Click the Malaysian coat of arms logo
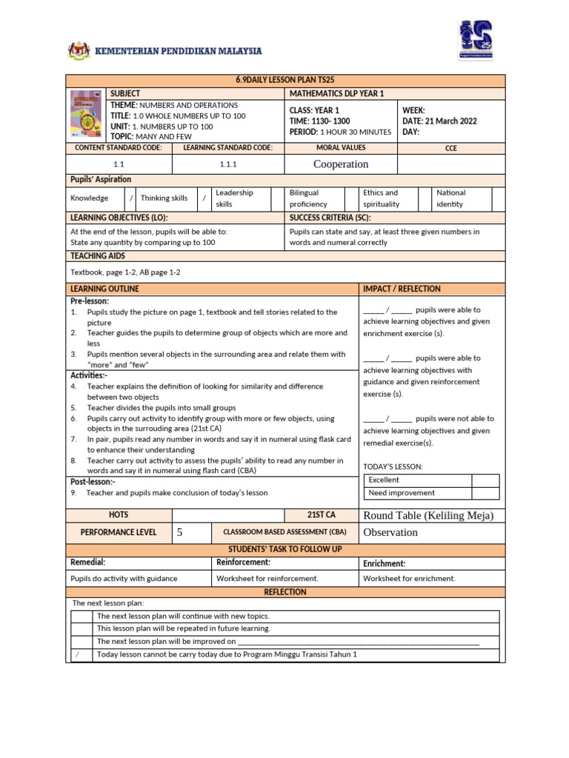78,50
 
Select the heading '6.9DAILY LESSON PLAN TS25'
285,81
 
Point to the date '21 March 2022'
450,121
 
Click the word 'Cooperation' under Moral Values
341,164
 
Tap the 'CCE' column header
451,148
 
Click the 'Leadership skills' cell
234,198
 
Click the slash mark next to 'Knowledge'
131,198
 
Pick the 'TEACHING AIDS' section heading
98,255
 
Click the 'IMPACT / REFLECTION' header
402,289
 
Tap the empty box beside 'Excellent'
485,480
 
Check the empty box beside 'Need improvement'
485,493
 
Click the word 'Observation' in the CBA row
390,532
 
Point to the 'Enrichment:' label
384,563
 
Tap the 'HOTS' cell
119,514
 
